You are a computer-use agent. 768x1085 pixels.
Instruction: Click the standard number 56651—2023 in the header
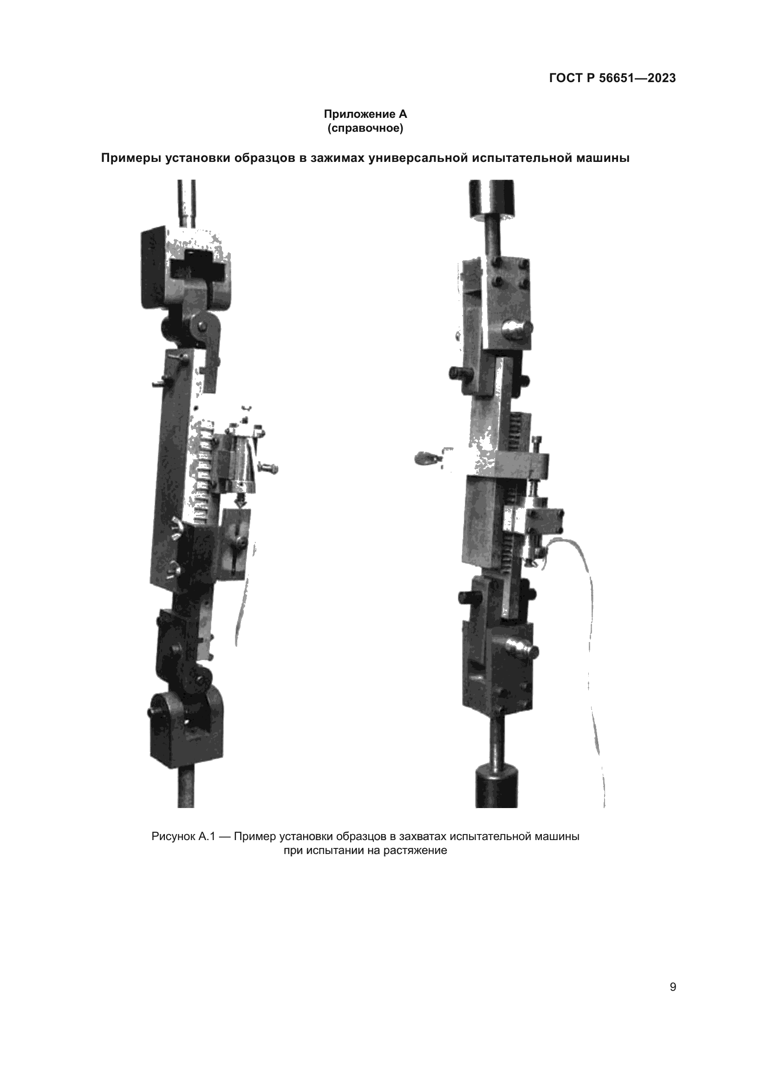(638, 78)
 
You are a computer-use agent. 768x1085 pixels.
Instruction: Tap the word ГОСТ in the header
(566, 78)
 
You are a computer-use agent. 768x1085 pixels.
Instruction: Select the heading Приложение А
(365, 115)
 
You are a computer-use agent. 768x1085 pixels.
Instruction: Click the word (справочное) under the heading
(365, 128)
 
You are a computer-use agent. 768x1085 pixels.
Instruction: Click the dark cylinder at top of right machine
(491, 199)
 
